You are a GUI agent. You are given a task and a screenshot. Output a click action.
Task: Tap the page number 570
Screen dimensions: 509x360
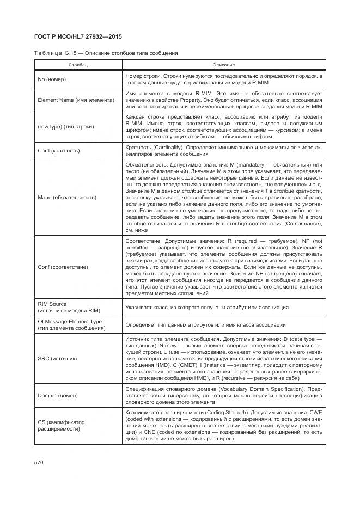point(39,462)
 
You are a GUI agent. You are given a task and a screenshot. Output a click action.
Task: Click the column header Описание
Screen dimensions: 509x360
point(223,65)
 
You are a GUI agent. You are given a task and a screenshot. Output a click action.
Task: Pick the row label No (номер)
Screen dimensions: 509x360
point(52,79)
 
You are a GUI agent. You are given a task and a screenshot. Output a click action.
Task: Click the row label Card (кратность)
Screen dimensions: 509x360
point(58,150)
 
